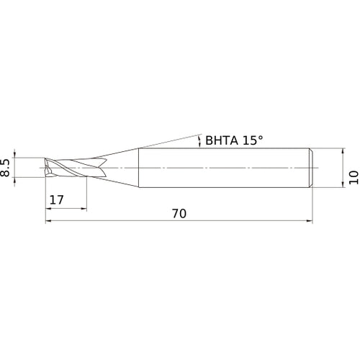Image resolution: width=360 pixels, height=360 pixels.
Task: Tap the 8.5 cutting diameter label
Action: coord(6,168)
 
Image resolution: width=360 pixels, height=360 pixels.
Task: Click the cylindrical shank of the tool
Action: coord(223,168)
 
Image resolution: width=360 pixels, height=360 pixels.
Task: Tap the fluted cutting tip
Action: coord(68,168)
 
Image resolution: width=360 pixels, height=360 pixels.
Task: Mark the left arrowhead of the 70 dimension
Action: coord(48,221)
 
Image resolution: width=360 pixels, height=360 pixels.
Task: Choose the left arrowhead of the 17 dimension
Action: coord(48,208)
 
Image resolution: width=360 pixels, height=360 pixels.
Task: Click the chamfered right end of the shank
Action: coord(311,168)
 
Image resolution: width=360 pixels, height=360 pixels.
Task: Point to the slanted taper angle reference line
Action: coord(166,140)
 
